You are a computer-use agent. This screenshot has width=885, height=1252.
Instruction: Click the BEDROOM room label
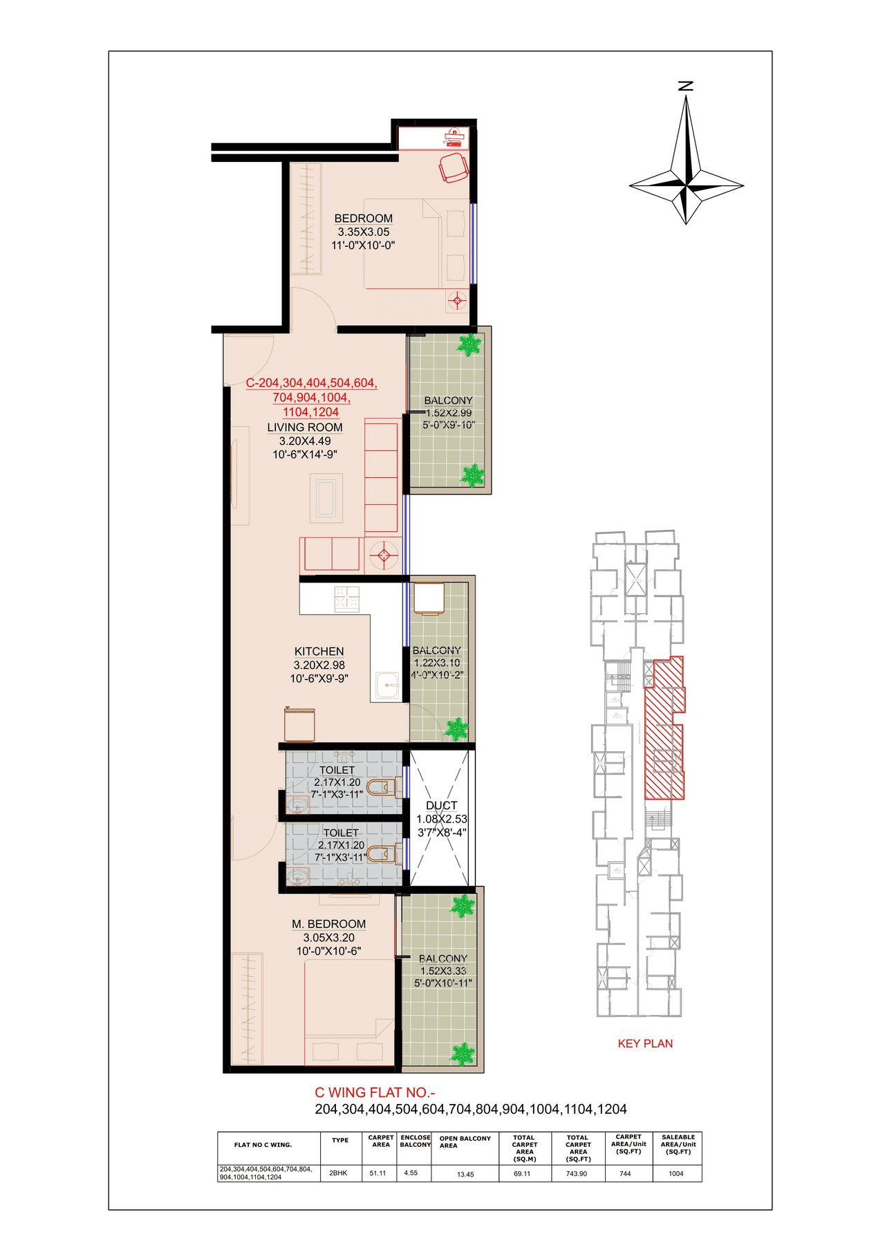(x=363, y=219)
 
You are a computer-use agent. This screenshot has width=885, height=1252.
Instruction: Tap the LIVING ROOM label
(x=305, y=427)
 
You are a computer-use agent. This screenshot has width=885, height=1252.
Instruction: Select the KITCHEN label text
(x=319, y=652)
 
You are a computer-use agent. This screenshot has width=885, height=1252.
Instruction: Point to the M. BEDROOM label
(x=328, y=924)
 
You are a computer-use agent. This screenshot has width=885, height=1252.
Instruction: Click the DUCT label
(x=441, y=806)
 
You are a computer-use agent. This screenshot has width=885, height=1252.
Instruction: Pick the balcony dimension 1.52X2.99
(x=449, y=413)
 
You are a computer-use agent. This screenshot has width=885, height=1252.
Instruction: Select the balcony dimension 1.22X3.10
(x=436, y=663)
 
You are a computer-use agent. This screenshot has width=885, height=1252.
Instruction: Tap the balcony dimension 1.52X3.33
(x=443, y=970)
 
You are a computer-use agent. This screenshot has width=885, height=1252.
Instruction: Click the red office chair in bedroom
(x=454, y=168)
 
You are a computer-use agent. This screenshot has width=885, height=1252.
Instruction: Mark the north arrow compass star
(x=686, y=178)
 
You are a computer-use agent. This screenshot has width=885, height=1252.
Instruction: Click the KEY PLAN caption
(x=645, y=1044)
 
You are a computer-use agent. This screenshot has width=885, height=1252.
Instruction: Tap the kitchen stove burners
(x=347, y=599)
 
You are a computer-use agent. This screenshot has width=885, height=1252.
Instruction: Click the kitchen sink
(x=387, y=685)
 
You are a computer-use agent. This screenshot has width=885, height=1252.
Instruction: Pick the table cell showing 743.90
(x=577, y=1173)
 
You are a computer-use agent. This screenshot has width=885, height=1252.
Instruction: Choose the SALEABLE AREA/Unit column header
(x=678, y=1144)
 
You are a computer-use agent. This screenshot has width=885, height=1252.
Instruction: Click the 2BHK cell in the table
(x=339, y=1173)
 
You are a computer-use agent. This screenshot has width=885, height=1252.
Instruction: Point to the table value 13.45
(x=465, y=1174)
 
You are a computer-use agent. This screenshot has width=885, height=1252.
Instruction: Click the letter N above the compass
(x=686, y=86)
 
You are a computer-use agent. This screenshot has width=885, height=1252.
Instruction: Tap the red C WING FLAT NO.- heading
(x=375, y=1093)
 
